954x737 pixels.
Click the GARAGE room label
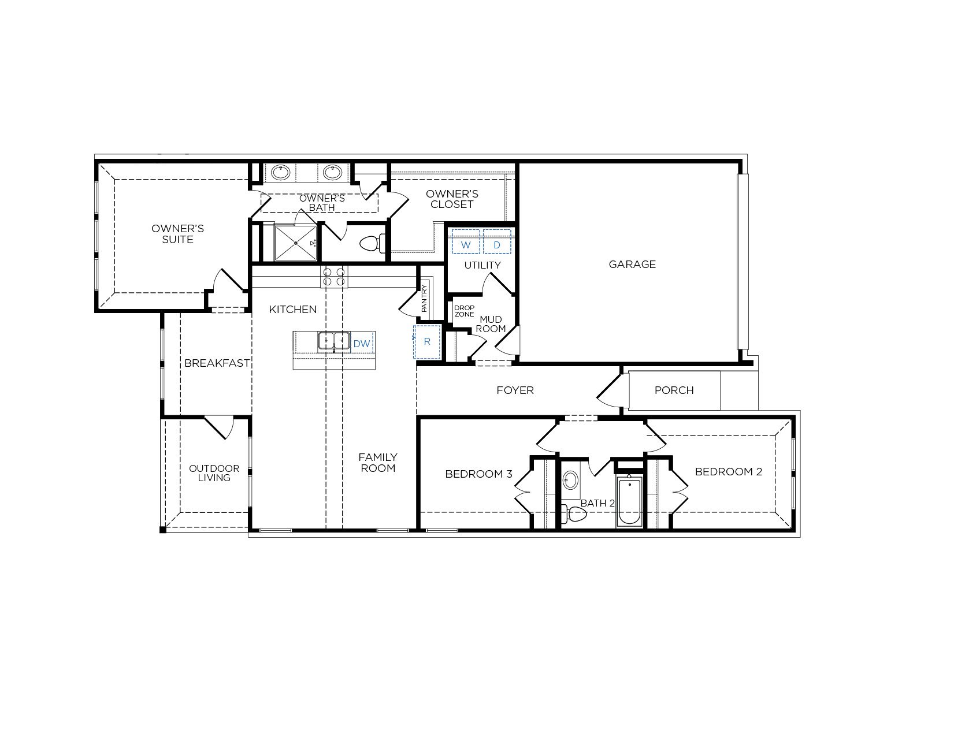point(632,264)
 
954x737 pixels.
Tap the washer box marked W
point(466,241)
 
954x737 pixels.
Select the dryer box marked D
point(497,241)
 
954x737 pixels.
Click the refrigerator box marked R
point(427,342)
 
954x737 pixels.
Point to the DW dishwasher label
point(362,344)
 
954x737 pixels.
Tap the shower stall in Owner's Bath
point(295,243)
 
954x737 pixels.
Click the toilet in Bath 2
point(574,514)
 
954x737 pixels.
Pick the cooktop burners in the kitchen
point(333,277)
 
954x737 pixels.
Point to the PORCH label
point(674,390)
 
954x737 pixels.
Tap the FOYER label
point(515,390)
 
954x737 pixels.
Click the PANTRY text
point(424,298)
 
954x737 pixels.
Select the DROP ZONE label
point(464,311)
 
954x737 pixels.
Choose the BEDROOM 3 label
point(478,474)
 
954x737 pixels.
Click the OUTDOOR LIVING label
point(214,473)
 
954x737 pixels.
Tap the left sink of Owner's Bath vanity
point(280,172)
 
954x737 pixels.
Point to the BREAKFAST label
point(217,363)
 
